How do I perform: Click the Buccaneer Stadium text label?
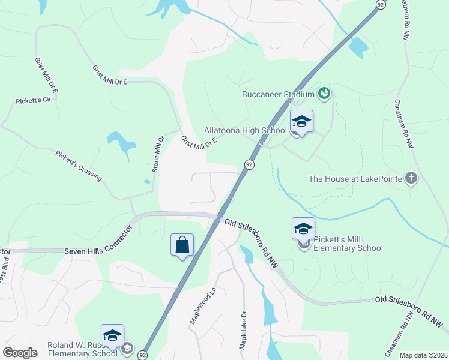click(278, 94)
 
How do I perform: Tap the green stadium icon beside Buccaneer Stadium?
click(324, 94)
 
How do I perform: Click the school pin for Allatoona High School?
click(301, 122)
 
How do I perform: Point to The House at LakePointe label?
click(354, 179)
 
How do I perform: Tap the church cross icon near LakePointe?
click(411, 178)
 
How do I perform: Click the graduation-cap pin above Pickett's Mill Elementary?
click(303, 229)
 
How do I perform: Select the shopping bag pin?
click(182, 245)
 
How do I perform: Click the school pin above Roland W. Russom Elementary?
click(112, 336)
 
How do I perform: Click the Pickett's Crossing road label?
click(79, 166)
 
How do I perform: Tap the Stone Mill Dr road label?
click(158, 155)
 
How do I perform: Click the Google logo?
click(20, 353)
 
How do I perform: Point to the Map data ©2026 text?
click(423, 355)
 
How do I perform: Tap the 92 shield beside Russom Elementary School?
click(143, 355)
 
